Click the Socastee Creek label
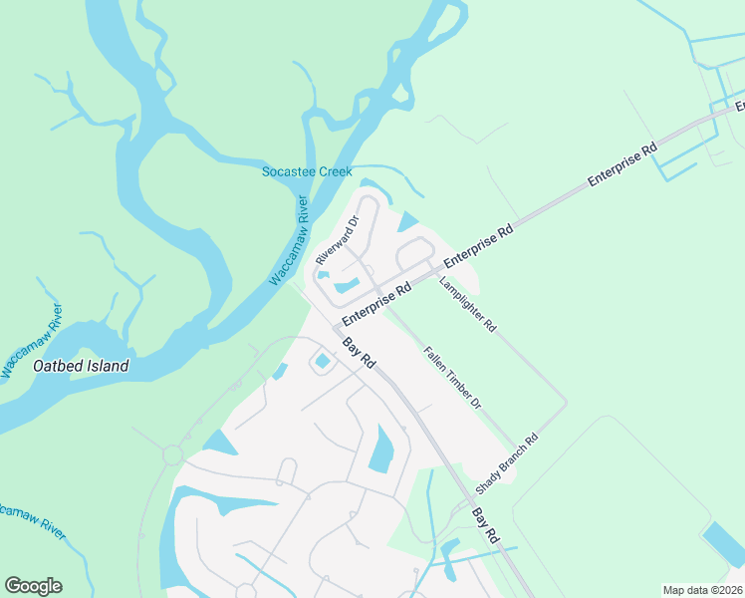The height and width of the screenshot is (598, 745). click(307, 171)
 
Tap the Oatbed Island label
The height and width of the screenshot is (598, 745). click(81, 366)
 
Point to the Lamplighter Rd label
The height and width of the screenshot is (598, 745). click(467, 304)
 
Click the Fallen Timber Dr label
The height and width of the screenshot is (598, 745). click(452, 378)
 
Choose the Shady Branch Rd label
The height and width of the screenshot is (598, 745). click(506, 464)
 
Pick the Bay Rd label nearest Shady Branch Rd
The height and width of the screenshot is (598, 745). click(484, 519)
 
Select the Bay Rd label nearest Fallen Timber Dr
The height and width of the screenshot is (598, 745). click(359, 354)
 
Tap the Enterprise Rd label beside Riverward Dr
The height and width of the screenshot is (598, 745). click(376, 304)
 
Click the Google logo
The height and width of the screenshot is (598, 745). click(33, 586)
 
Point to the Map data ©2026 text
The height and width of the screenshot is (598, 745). click(702, 590)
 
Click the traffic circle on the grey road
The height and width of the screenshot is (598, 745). click(172, 455)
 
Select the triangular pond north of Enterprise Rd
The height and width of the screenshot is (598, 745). click(408, 221)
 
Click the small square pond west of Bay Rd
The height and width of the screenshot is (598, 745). click(323, 362)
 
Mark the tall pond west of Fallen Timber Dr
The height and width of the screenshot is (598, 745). click(381, 448)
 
